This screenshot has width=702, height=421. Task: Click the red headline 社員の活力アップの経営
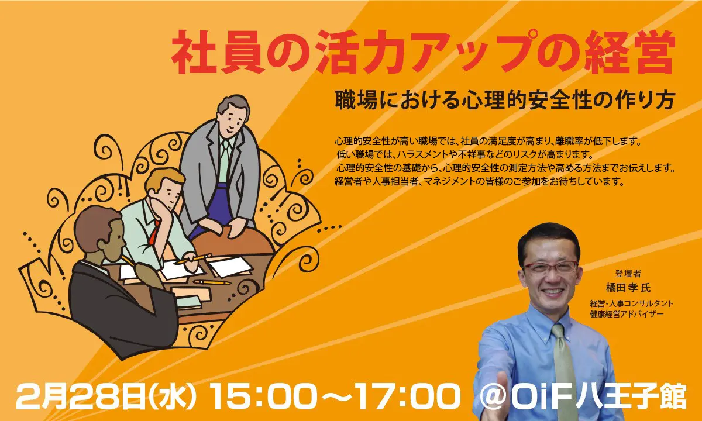[x=422, y=53]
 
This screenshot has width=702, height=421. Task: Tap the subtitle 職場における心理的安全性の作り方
[x=504, y=101]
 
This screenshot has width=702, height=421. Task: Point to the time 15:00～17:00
[x=335, y=398]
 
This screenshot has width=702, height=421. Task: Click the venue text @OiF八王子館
[x=583, y=398]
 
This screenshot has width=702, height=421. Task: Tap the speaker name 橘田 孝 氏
[x=628, y=288]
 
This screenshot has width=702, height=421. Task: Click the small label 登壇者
[x=628, y=274]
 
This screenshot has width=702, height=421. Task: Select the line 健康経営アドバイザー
[x=627, y=314]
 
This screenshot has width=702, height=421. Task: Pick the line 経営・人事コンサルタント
[x=631, y=303]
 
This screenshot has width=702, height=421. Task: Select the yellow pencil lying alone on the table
[x=212, y=282]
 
